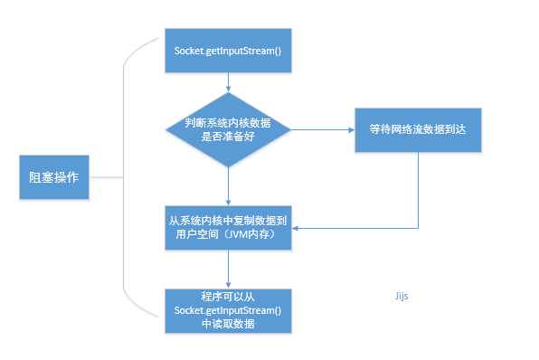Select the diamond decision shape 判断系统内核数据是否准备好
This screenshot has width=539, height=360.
point(228,128)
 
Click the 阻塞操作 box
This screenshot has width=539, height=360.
point(54,177)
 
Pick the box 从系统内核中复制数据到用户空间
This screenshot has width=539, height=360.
point(228,227)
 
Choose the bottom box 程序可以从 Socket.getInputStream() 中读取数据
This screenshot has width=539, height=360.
point(228,310)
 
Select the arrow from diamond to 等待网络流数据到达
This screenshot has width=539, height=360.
point(321,129)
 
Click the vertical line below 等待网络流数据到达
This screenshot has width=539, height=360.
point(417,190)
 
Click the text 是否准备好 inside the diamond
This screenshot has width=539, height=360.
point(228,137)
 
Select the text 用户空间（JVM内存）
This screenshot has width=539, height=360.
point(228,235)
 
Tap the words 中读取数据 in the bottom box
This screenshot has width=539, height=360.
point(228,324)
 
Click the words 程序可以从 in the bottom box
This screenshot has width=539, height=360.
point(228,297)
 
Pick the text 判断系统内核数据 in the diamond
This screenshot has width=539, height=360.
point(228,122)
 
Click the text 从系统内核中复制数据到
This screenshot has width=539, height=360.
point(228,220)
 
